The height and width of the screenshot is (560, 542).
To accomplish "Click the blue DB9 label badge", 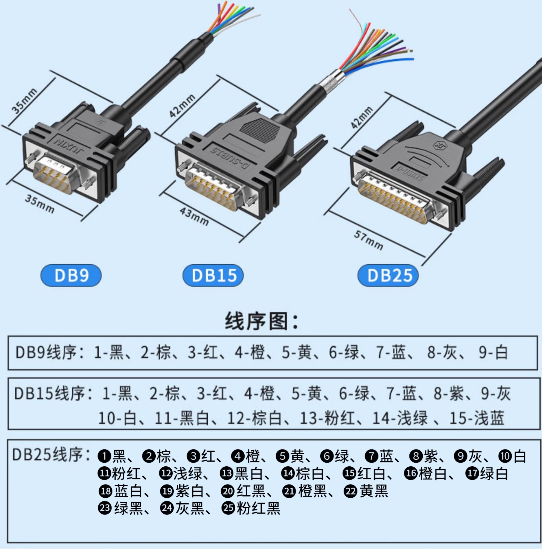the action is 71,275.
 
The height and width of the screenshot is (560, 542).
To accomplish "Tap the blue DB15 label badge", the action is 213,275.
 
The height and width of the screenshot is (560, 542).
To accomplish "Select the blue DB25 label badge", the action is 388,275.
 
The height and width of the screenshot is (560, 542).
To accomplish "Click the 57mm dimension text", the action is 368,240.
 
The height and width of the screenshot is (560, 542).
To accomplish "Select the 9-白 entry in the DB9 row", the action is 493,352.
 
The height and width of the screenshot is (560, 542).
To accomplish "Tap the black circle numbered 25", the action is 228,508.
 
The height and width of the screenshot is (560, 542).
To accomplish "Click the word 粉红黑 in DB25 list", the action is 258,508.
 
